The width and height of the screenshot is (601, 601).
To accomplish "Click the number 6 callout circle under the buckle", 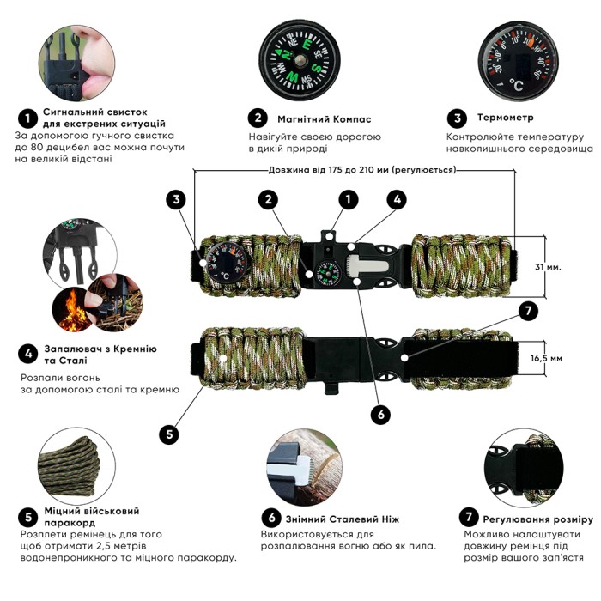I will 380,414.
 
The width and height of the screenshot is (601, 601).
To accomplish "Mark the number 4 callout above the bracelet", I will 395,199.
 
